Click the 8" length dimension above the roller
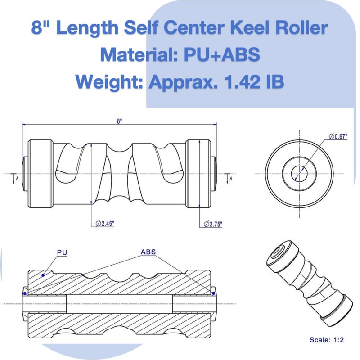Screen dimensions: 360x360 119,121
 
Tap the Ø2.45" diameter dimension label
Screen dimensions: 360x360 104,223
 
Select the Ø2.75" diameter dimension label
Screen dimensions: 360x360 212,224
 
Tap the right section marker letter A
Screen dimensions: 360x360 231,179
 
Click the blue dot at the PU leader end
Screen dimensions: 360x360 43,274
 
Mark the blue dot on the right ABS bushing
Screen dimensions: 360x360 213,293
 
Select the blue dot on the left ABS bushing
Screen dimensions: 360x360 25,293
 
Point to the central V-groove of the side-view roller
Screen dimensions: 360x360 119,173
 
